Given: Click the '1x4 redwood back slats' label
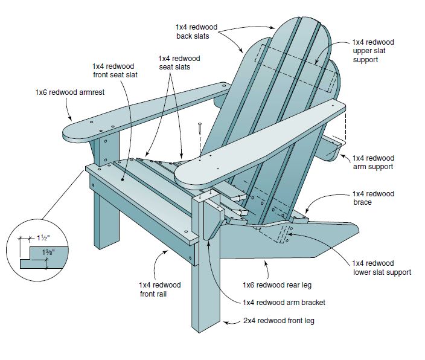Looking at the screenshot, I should [x=196, y=32].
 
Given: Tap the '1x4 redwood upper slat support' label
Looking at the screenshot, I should [x=373, y=51].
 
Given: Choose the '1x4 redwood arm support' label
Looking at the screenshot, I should [x=373, y=162].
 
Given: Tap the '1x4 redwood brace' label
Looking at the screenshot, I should [x=373, y=198].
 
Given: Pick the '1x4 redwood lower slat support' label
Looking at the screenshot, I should [x=382, y=268].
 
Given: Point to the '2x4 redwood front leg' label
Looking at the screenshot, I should [x=280, y=321].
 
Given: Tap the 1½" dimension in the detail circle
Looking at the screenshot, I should [x=43, y=237].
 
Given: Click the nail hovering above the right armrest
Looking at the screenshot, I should [x=199, y=129].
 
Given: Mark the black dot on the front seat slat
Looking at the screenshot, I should [x=123, y=179].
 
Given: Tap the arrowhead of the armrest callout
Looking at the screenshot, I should [x=74, y=120].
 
